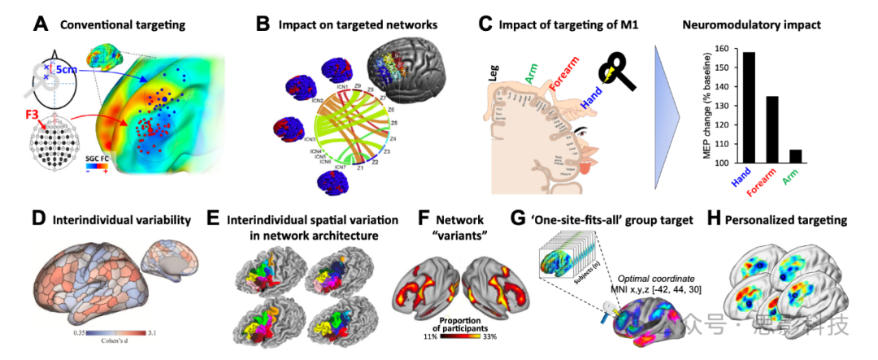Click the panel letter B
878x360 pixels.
(263, 24)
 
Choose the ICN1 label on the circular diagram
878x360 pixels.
(342, 87)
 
